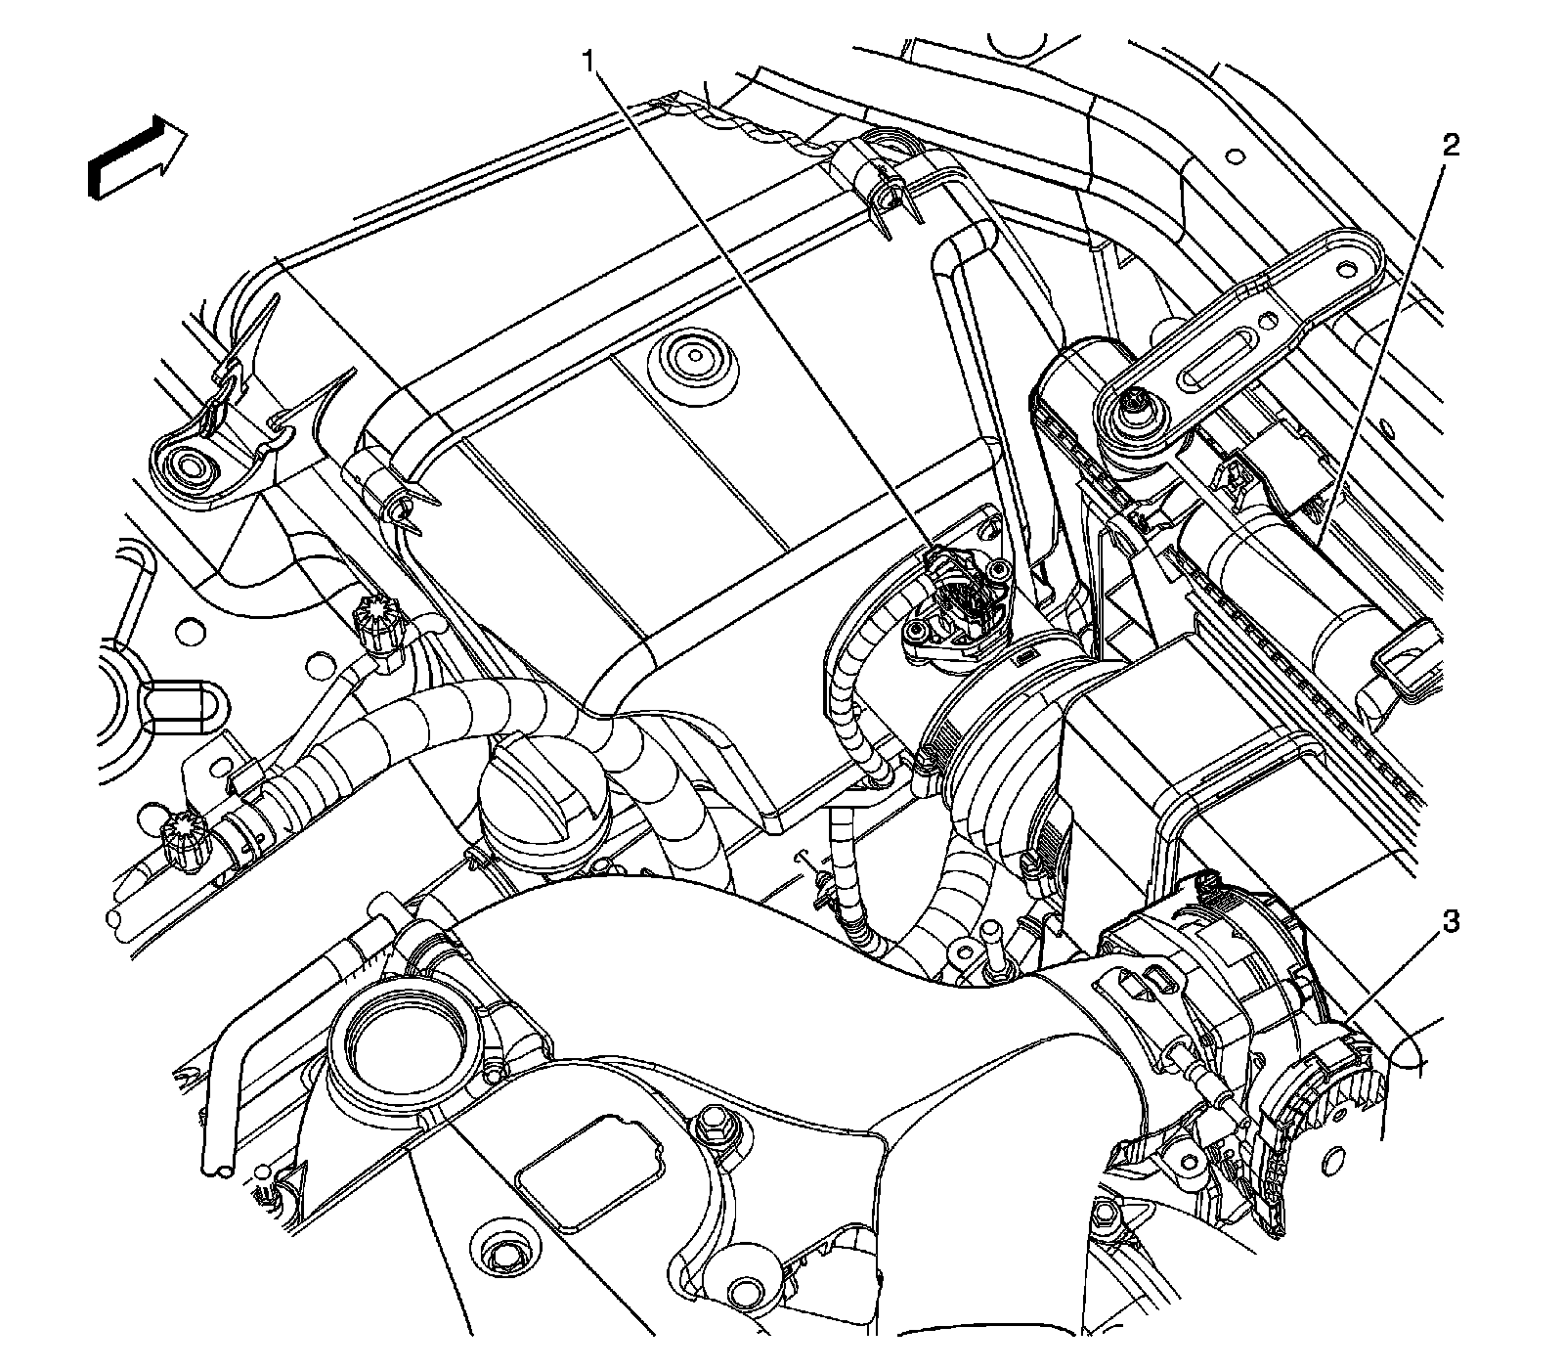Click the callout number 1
pyautogui.click(x=588, y=62)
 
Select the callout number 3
pyautogui.click(x=1452, y=920)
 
